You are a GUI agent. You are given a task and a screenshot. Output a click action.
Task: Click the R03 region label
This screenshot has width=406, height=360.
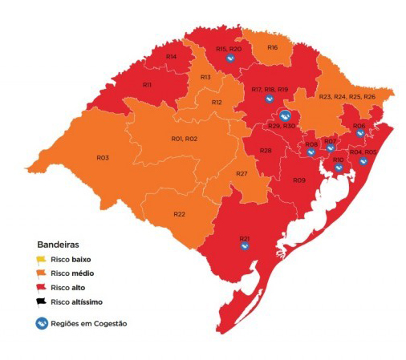[103, 158]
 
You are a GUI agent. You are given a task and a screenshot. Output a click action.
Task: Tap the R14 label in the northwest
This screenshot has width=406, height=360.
[171, 56]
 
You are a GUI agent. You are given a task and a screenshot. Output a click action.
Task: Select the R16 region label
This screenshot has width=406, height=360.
[273, 48]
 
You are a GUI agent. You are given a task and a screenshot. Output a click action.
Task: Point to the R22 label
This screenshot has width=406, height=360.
[180, 214]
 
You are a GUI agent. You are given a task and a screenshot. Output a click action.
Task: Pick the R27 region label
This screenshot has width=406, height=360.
[242, 174]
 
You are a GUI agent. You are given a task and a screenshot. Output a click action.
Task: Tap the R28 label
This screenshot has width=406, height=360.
[265, 151]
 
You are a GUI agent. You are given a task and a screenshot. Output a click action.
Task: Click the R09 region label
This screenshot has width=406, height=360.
[298, 180]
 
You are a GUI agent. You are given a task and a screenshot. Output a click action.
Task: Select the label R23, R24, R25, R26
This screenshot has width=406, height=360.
[347, 97]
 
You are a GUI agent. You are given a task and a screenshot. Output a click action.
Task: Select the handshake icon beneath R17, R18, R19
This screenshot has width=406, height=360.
[270, 99]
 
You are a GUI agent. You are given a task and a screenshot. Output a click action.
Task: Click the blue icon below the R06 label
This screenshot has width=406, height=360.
[359, 133]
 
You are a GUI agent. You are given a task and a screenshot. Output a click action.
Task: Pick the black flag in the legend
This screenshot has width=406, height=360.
[41, 301]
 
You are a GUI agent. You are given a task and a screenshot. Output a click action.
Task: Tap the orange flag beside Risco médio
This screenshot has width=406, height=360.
[41, 273]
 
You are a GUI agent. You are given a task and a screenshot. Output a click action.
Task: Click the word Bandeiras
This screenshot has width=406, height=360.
[58, 243]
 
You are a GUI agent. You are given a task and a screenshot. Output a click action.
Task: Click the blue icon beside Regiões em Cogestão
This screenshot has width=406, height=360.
[41, 323]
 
